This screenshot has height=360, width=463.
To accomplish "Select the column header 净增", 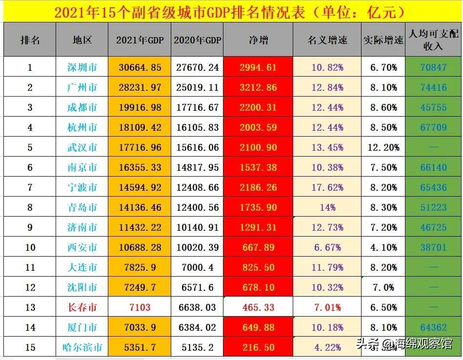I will pyautogui.click(x=258, y=40).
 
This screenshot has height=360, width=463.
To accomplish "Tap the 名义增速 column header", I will pyautogui.click(x=327, y=40).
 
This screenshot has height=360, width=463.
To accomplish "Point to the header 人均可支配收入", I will pyautogui.click(x=433, y=40).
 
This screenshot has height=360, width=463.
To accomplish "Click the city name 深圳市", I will pyautogui.click(x=82, y=67).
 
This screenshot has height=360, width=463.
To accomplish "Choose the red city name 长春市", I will pyautogui.click(x=82, y=307).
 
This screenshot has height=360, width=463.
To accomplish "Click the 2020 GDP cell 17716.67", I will pyautogui.click(x=197, y=107).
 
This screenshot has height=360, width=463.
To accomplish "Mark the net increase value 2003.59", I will pyautogui.click(x=258, y=127).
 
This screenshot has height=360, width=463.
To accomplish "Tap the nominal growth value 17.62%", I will pyautogui.click(x=327, y=187).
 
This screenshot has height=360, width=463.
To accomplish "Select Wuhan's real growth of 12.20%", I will pyautogui.click(x=383, y=147).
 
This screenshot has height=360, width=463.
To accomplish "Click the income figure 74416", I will pyautogui.click(x=433, y=87).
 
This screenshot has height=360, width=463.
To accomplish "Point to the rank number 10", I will pyautogui.click(x=30, y=247).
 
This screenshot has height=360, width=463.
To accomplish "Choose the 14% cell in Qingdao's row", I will pyautogui.click(x=327, y=207).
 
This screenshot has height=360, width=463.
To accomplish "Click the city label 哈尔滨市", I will pyautogui.click(x=82, y=347).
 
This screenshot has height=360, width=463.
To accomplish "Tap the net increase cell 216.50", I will pyautogui.click(x=258, y=347).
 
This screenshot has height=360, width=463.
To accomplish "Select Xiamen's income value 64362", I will pyautogui.click(x=433, y=327).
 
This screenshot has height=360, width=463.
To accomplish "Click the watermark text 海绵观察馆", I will pyautogui.click(x=423, y=344).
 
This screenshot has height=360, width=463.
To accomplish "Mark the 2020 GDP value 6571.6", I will pyautogui.click(x=197, y=287).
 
